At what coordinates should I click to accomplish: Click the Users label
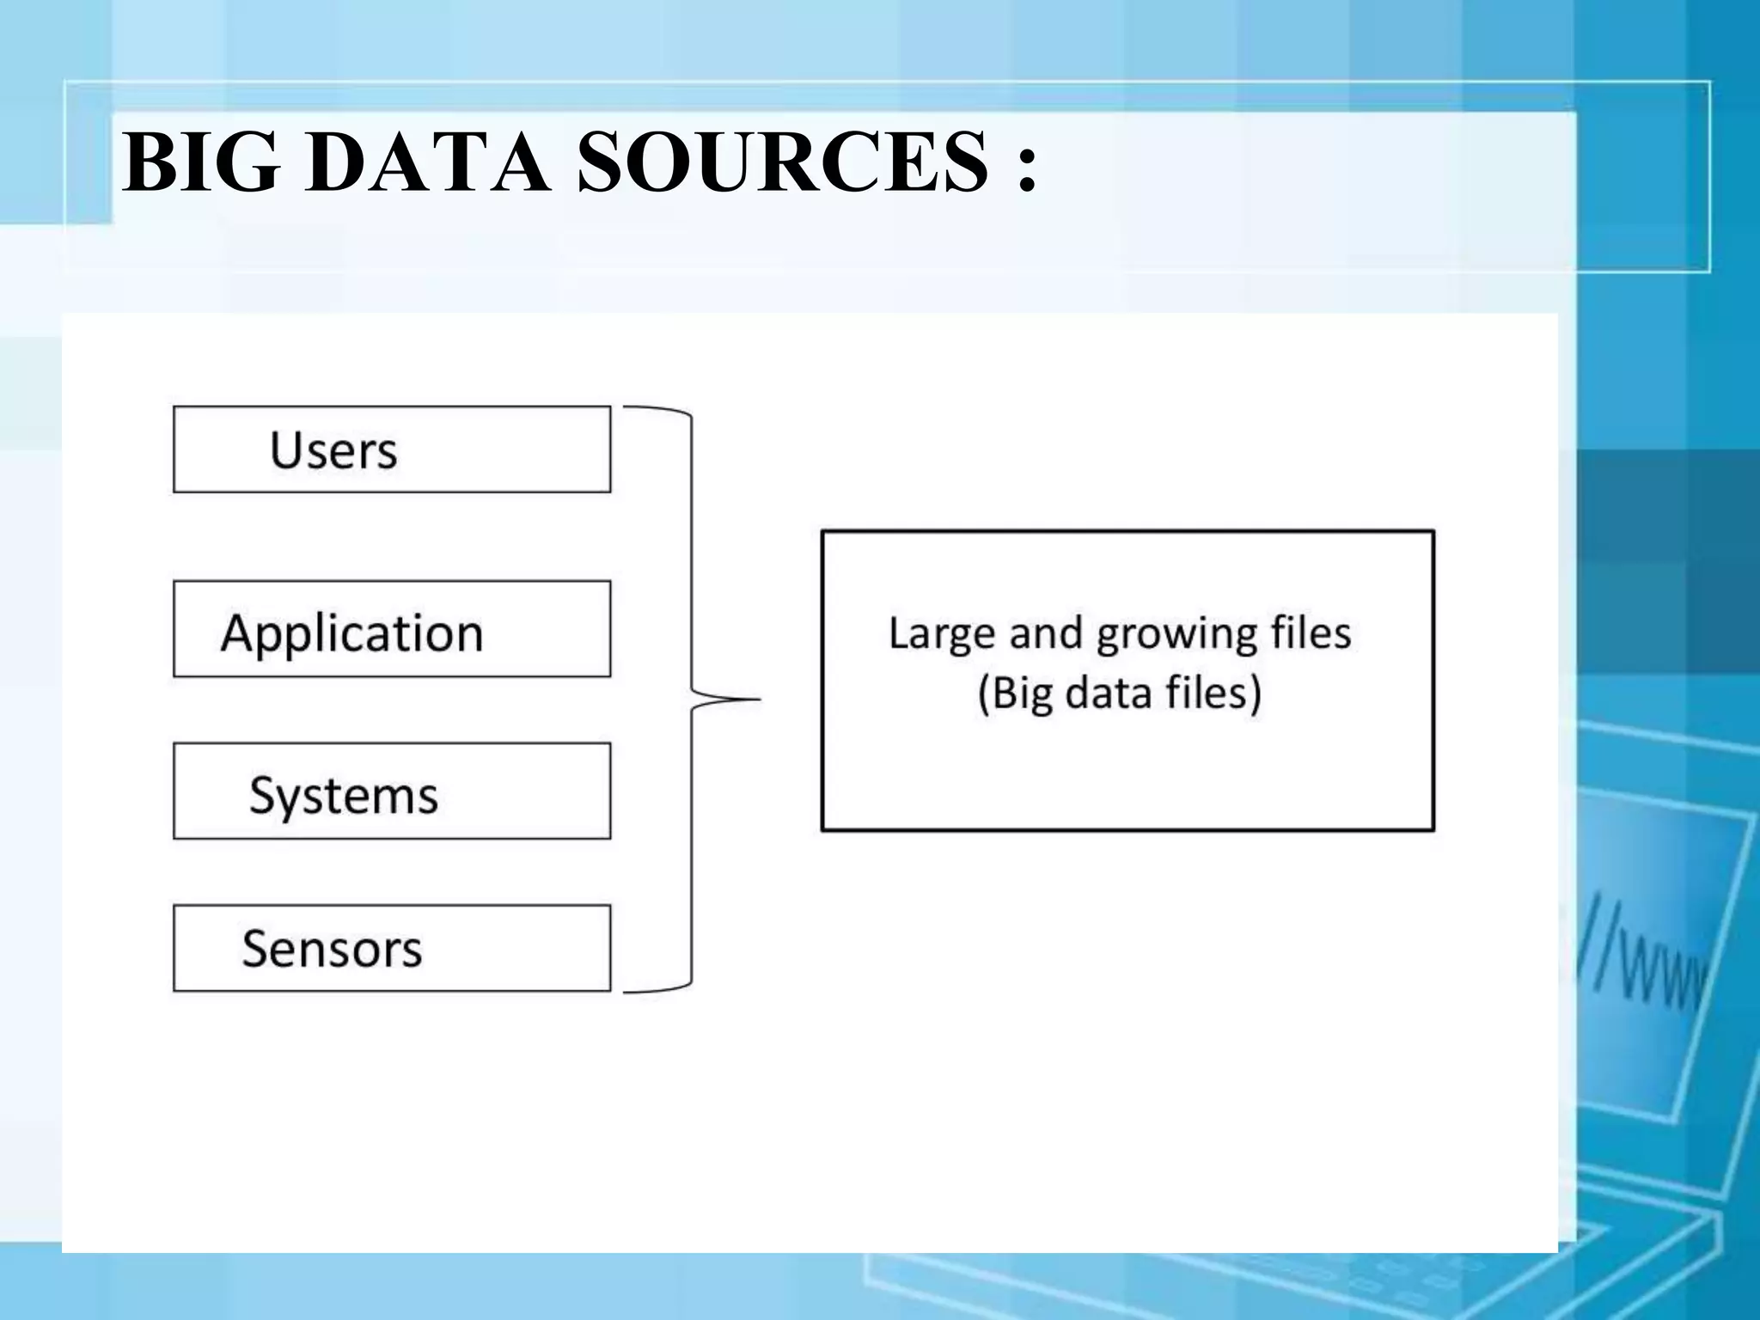click(333, 450)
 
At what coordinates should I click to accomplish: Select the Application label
click(351, 633)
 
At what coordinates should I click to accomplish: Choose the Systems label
click(344, 795)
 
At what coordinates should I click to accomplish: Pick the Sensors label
click(332, 949)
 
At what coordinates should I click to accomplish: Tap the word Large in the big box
click(942, 634)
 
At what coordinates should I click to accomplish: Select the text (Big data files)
click(1120, 693)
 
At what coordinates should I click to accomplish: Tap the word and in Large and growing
click(1045, 634)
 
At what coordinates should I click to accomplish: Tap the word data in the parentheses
click(1109, 693)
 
